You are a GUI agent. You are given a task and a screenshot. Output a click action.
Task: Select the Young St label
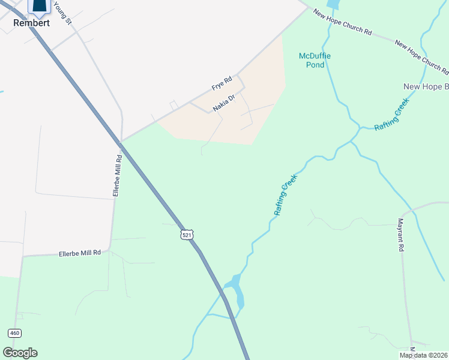pos(62,13)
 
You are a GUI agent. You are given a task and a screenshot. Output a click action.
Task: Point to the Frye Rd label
pos(221,83)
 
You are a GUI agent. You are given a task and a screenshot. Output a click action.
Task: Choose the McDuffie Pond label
pos(315,60)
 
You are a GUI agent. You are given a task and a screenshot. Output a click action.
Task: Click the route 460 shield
pos(16,333)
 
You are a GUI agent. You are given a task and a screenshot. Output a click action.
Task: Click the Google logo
pos(20,353)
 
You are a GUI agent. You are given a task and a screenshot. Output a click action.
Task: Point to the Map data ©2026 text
pos(423,355)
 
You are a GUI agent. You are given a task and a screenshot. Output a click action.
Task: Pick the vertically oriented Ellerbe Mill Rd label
pos(118,175)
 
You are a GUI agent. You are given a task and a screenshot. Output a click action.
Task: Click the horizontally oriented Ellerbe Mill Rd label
pos(80,253)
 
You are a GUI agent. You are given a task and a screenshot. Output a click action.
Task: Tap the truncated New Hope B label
pos(426,86)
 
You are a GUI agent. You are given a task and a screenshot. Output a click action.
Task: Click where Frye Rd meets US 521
pos(121,142)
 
